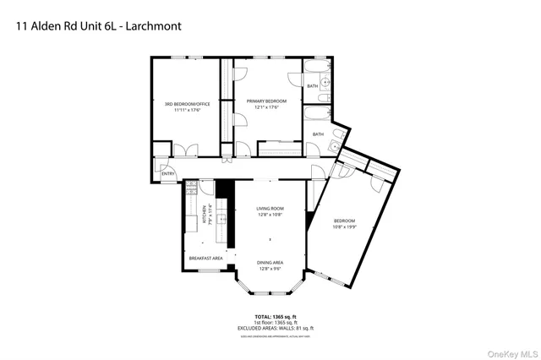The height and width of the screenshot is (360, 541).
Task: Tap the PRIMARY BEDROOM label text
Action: click(x=266, y=101)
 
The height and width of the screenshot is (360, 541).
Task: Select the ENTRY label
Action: click(x=168, y=174)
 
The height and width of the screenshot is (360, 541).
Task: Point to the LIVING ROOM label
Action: click(x=270, y=208)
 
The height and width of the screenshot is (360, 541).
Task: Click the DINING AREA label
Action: click(x=270, y=263)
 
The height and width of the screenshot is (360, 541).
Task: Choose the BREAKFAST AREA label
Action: click(x=205, y=257)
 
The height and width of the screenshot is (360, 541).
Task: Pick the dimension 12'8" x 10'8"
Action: click(x=270, y=214)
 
